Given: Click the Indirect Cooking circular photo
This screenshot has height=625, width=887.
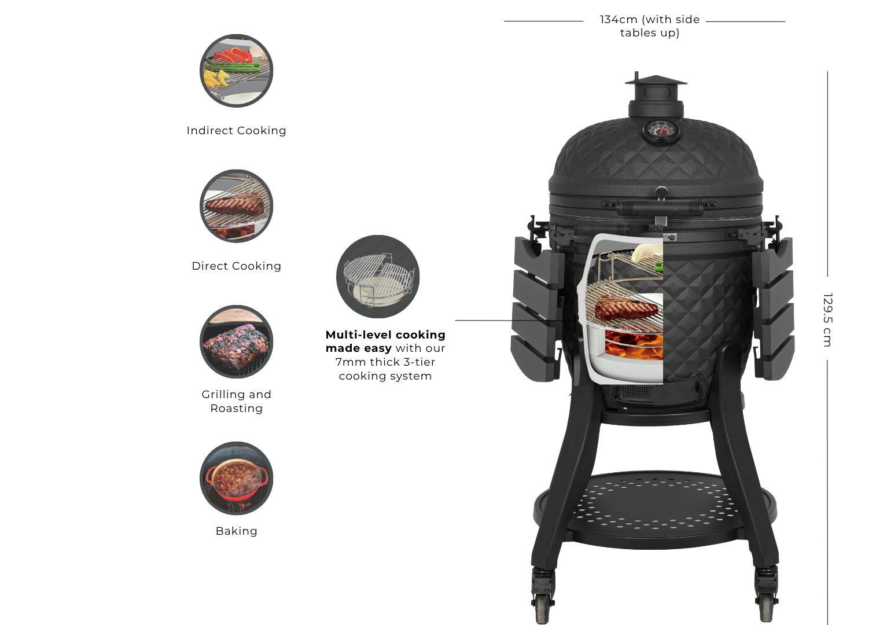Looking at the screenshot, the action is tap(237, 71).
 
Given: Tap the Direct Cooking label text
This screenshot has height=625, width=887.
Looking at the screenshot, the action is tap(237, 266).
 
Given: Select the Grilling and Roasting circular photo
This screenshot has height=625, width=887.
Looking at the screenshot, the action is tap(237, 342).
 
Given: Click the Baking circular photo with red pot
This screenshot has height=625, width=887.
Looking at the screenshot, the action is tap(237, 478).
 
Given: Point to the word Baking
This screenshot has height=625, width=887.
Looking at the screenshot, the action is tap(237, 531).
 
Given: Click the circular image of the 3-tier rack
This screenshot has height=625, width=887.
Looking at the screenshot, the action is tap(378, 277).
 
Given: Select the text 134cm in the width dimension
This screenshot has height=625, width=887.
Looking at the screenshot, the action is tap(619, 20).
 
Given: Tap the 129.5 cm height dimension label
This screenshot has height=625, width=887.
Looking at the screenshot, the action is tap(827, 320).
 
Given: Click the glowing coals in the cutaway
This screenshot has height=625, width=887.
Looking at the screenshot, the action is tap(634, 344).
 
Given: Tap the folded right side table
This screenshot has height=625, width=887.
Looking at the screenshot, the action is tap(774, 308).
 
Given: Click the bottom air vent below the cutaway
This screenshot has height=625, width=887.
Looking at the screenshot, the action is tap(632, 394).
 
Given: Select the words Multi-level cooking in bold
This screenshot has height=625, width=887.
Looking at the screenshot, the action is tap(385, 334).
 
